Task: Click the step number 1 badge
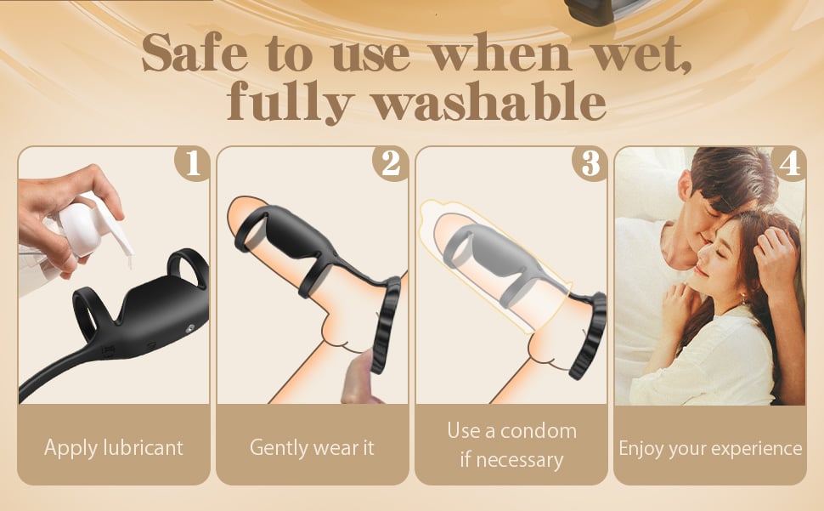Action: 193,163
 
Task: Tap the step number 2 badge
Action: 391,163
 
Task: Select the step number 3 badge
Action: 590,163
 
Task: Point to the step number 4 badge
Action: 789,163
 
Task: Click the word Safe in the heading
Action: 195,54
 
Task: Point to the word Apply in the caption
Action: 71,448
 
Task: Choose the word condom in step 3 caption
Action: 538,431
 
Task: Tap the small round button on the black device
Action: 189,328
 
